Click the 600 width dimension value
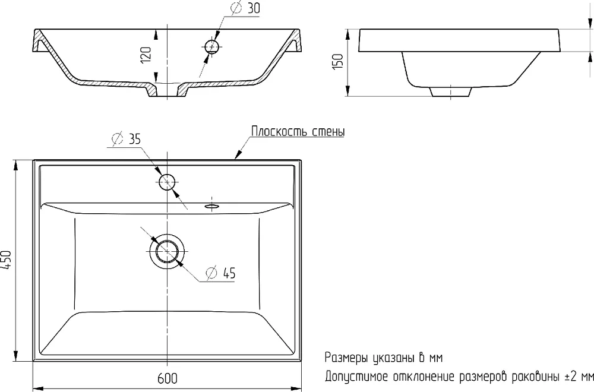(167, 378)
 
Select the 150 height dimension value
(338, 61)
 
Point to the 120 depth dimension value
(146, 55)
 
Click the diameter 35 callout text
(126, 139)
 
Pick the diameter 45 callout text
(221, 273)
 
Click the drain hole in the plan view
(167, 251)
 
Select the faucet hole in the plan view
(167, 182)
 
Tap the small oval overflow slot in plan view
(211, 206)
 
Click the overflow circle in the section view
(211, 46)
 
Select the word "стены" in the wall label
(329, 132)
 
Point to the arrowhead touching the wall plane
(238, 154)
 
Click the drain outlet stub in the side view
(450, 91)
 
